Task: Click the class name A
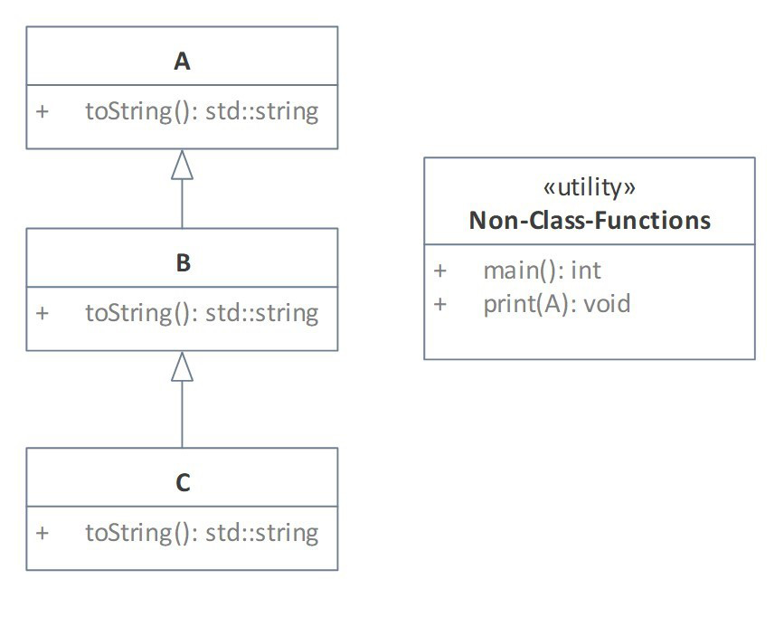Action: pyautogui.click(x=182, y=62)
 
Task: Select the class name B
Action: pyautogui.click(x=182, y=263)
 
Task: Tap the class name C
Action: pyautogui.click(x=182, y=483)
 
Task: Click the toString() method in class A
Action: pyautogui.click(x=202, y=111)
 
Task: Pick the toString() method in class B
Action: pyautogui.click(x=202, y=313)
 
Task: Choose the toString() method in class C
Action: pyautogui.click(x=202, y=532)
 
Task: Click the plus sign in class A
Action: pyautogui.click(x=42, y=111)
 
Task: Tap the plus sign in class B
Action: pyautogui.click(x=42, y=313)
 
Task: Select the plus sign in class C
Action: pyautogui.click(x=42, y=532)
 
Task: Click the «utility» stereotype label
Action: pyautogui.click(x=589, y=187)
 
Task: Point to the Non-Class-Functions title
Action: pyautogui.click(x=589, y=220)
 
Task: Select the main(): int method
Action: pyautogui.click(x=542, y=270)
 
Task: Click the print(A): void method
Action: pyautogui.click(x=556, y=303)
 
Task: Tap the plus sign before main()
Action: pyautogui.click(x=439, y=270)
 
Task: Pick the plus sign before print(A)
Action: pyautogui.click(x=439, y=303)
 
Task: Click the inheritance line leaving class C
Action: pyautogui.click(x=182, y=416)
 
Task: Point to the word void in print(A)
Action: pyautogui.click(x=607, y=303)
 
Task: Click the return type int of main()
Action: pyautogui.click(x=586, y=270)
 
